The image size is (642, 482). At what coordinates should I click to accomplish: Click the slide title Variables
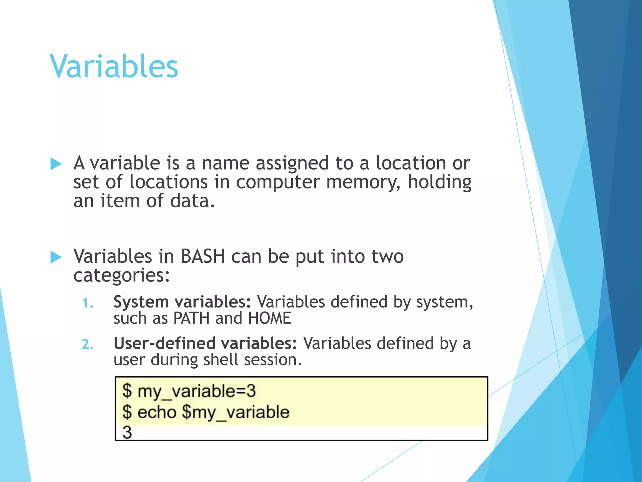coord(114,67)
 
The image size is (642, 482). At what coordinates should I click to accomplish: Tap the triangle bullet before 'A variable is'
coord(56,164)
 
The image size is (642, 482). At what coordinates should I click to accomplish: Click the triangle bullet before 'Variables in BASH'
coord(56,257)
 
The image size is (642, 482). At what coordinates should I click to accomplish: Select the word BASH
coord(203,256)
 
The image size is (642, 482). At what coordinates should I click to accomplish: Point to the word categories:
coord(121,276)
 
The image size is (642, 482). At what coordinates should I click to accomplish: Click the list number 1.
coord(87,303)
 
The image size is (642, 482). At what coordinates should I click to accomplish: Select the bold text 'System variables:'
coord(182,302)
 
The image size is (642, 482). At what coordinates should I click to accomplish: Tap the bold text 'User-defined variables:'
coord(205,343)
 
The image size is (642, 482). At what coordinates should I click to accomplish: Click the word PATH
coord(191,318)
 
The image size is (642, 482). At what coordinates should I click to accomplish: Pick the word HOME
coord(270,318)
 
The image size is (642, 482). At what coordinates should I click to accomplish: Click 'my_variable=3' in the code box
coord(197,391)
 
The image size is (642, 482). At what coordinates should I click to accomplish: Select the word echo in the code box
coord(157,412)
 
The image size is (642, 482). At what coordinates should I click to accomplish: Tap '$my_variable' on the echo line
coord(235,412)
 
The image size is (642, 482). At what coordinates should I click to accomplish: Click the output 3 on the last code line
coord(127,432)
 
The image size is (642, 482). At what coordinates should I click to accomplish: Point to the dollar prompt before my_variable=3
coord(127,391)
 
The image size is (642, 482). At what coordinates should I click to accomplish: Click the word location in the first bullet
coord(411,163)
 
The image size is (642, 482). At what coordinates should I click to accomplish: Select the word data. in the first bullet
coord(192,201)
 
